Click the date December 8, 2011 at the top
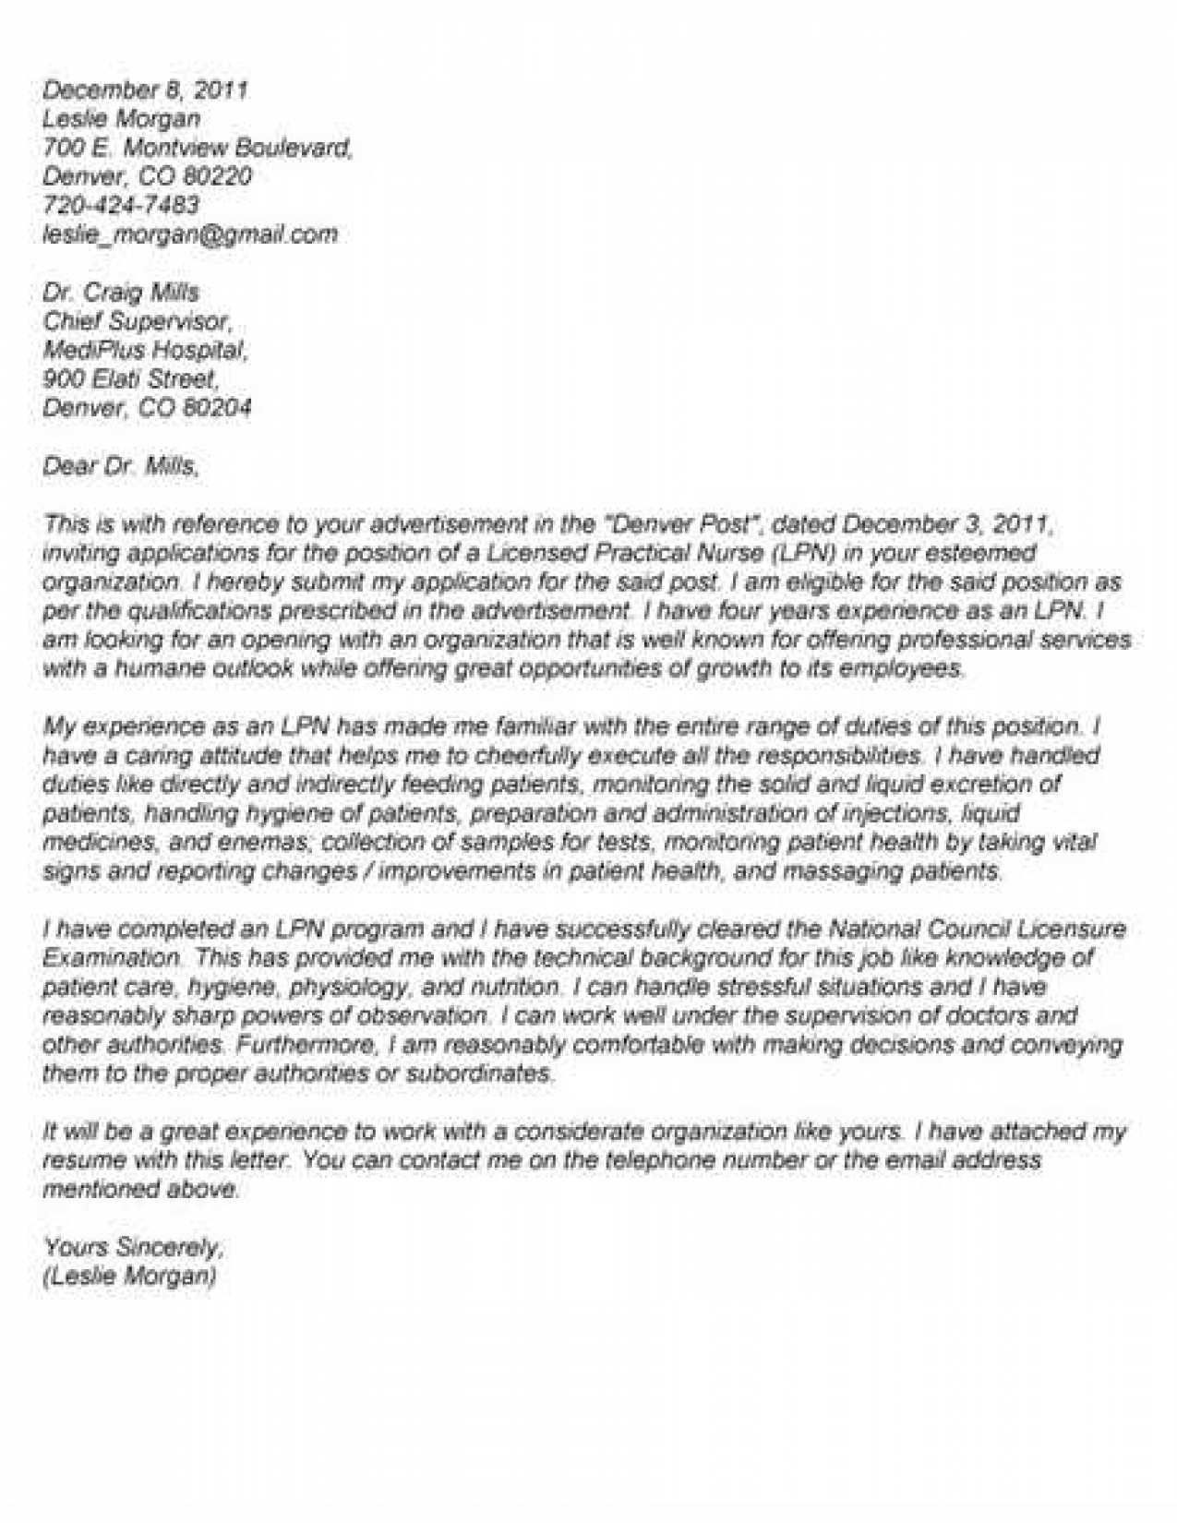point(146,90)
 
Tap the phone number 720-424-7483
point(121,205)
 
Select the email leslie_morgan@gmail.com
point(190,234)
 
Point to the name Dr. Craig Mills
point(121,293)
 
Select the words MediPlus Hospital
point(145,350)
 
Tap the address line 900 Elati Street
point(130,378)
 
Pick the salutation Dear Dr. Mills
point(121,466)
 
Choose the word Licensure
point(1068,929)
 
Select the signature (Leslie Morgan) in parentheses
point(129,1277)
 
